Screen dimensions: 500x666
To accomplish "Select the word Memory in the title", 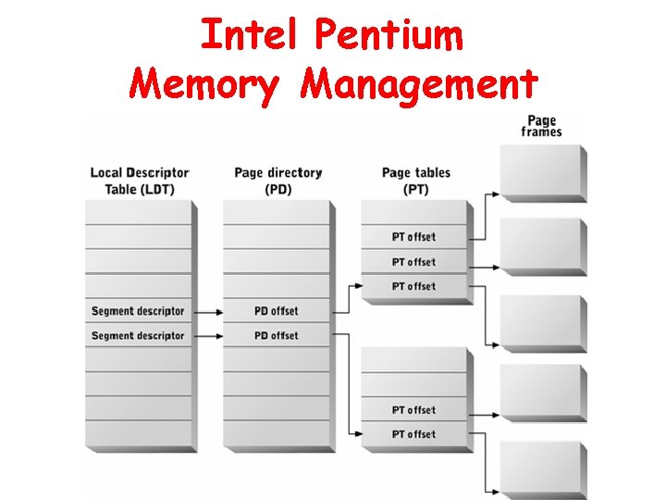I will pos(203,84).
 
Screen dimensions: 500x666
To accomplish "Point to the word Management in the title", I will pos(419,84).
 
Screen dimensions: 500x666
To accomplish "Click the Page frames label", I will pos(541,126).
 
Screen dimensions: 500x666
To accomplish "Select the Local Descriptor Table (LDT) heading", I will pos(140,181).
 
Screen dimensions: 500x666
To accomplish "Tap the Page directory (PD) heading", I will pos(277,181).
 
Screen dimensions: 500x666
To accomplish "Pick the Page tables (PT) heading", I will pos(415,181).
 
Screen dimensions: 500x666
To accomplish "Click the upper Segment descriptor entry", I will pos(138,311).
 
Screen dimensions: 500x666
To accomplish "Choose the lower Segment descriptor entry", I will pos(138,335).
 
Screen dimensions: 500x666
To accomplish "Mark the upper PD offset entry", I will pos(277,311).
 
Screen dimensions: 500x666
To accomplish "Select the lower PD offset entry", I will pos(277,335).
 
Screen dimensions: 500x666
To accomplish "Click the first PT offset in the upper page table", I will pos(413,237).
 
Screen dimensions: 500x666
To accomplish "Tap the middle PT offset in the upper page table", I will pos(413,262).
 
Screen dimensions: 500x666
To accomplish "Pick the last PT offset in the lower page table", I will pos(413,434).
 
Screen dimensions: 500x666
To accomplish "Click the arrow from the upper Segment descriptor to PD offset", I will pos(208,311).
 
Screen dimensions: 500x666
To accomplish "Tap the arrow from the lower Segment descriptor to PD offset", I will pos(208,335).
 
